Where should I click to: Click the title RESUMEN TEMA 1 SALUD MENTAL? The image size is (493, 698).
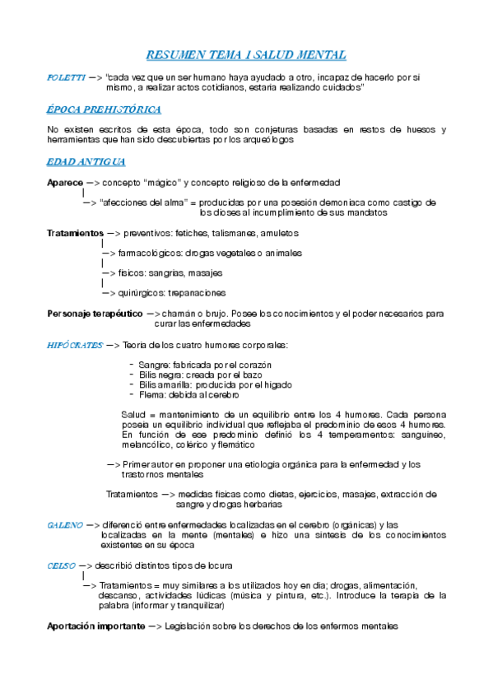[x=246, y=55]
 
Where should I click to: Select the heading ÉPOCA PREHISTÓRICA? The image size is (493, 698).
[x=104, y=109]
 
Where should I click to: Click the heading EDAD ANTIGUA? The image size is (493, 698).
[x=86, y=161]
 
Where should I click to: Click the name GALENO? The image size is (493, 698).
[x=64, y=524]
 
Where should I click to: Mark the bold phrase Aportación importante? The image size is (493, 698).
[x=95, y=626]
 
